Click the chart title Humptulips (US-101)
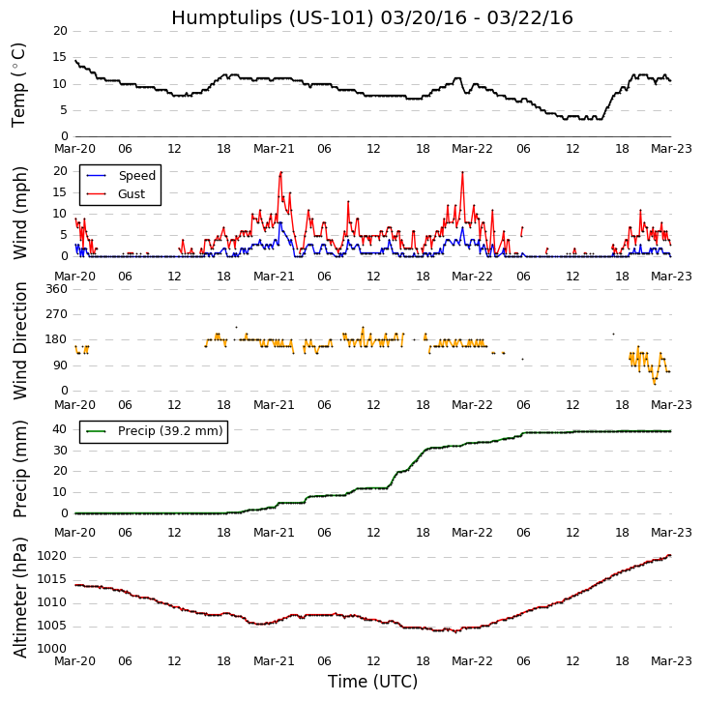point(371,17)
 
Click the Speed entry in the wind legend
point(136,176)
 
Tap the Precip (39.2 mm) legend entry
point(169,431)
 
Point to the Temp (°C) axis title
point(19,84)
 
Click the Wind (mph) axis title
point(19,213)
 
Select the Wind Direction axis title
point(19,340)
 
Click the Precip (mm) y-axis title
point(19,468)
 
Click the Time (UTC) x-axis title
point(372,682)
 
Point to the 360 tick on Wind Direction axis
point(56,289)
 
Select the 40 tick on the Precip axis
point(60,428)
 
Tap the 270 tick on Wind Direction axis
point(56,314)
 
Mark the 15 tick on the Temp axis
point(60,57)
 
